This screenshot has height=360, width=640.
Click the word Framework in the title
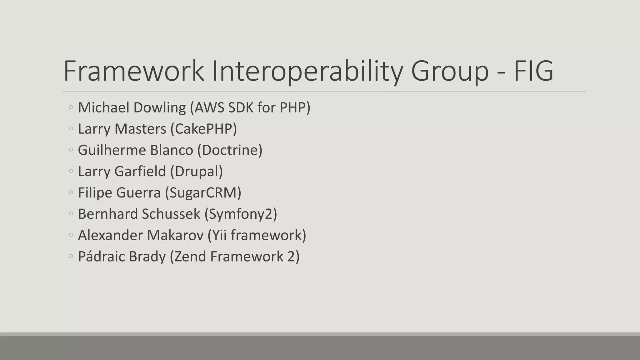pyautogui.click(x=134, y=71)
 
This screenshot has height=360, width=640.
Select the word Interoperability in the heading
pyautogui.click(x=307, y=71)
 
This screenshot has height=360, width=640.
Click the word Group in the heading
pyautogui.click(x=449, y=71)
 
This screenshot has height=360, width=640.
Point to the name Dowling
pyautogui.click(x=159, y=108)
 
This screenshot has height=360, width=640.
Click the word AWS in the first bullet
pyautogui.click(x=209, y=108)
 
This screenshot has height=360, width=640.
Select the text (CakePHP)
pyautogui.click(x=204, y=129)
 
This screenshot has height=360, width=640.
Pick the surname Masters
pyautogui.click(x=140, y=129)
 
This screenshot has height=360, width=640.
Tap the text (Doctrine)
pyautogui.click(x=230, y=150)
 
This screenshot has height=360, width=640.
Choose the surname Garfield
pyautogui.click(x=140, y=172)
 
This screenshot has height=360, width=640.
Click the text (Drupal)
pyautogui.click(x=197, y=172)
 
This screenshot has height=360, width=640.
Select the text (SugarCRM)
pyautogui.click(x=203, y=193)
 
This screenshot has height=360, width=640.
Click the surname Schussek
pyautogui.click(x=171, y=214)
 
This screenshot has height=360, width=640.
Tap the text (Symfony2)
pyautogui.click(x=241, y=214)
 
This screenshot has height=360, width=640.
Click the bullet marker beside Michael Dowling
pyautogui.click(x=71, y=108)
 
